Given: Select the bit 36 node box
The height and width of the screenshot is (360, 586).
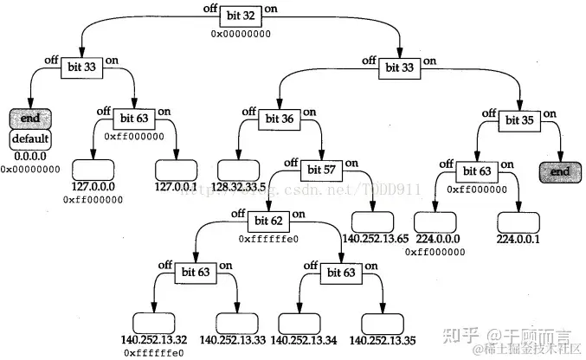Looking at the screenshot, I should tap(280, 118).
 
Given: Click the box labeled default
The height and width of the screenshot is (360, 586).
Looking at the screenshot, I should tap(31, 138).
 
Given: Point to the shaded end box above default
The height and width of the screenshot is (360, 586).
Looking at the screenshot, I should tap(31, 119).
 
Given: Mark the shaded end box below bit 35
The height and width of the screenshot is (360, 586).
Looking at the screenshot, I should tap(560, 171).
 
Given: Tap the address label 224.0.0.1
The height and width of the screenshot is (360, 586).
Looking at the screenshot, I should tap(520, 239).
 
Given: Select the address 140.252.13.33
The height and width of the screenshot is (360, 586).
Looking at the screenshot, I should tap(234, 340).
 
